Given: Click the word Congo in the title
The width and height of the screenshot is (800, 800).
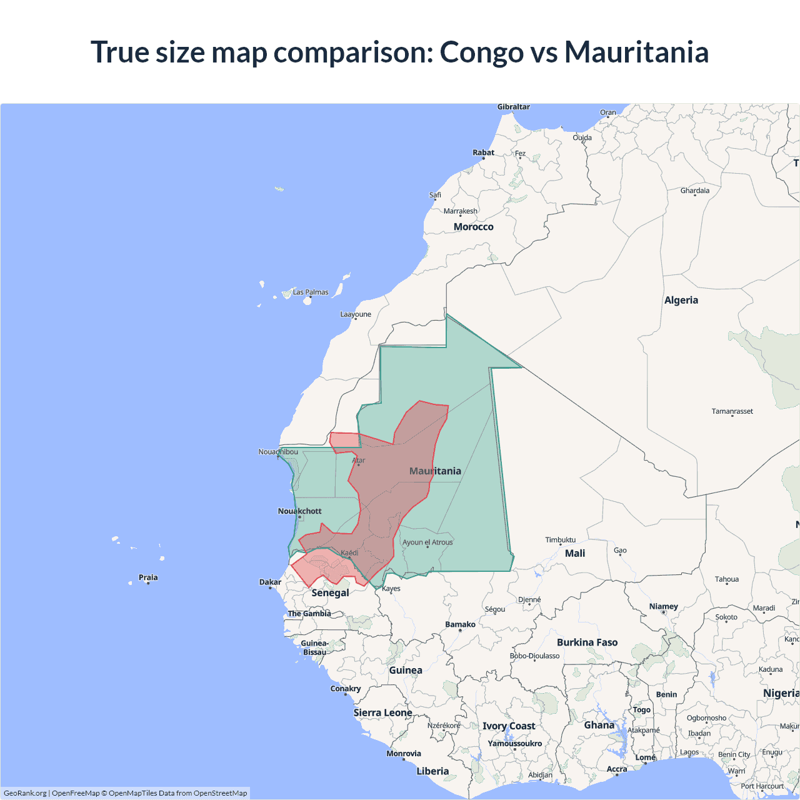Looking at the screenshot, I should (x=481, y=52).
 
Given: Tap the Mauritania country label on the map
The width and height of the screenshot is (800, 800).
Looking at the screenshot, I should (x=435, y=471).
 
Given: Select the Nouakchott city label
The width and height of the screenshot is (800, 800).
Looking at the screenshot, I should (x=299, y=511).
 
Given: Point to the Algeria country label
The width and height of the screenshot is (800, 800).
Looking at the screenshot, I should (x=681, y=300).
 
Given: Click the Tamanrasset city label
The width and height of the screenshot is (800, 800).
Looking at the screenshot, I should (x=732, y=411).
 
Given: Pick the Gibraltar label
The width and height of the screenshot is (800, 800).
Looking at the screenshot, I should (x=513, y=107).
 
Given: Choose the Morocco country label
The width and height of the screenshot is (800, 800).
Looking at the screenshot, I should (x=473, y=227).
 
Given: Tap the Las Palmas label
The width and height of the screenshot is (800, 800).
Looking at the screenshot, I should (x=311, y=292).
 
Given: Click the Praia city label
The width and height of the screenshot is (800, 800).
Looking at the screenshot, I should (x=148, y=577).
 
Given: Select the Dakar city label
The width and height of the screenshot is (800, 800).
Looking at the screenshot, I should (x=270, y=582).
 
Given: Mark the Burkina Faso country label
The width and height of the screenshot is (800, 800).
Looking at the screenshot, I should (x=587, y=642).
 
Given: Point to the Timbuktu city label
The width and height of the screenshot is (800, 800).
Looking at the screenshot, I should (x=560, y=539).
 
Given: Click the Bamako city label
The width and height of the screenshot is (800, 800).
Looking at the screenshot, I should (x=460, y=624).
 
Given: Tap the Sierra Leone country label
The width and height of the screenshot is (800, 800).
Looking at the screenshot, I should (x=382, y=712).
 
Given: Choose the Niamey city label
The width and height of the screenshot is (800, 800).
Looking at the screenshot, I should (x=663, y=606).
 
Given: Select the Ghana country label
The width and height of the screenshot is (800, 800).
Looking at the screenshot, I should (x=599, y=725).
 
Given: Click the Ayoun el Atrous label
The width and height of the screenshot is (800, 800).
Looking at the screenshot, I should (x=427, y=542).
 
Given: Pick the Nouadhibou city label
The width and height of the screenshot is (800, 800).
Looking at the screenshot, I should (x=278, y=452).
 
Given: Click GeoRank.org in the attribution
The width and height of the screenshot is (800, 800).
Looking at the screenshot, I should (x=25, y=793).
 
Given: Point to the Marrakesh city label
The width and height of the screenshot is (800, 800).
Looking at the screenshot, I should (x=460, y=211).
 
